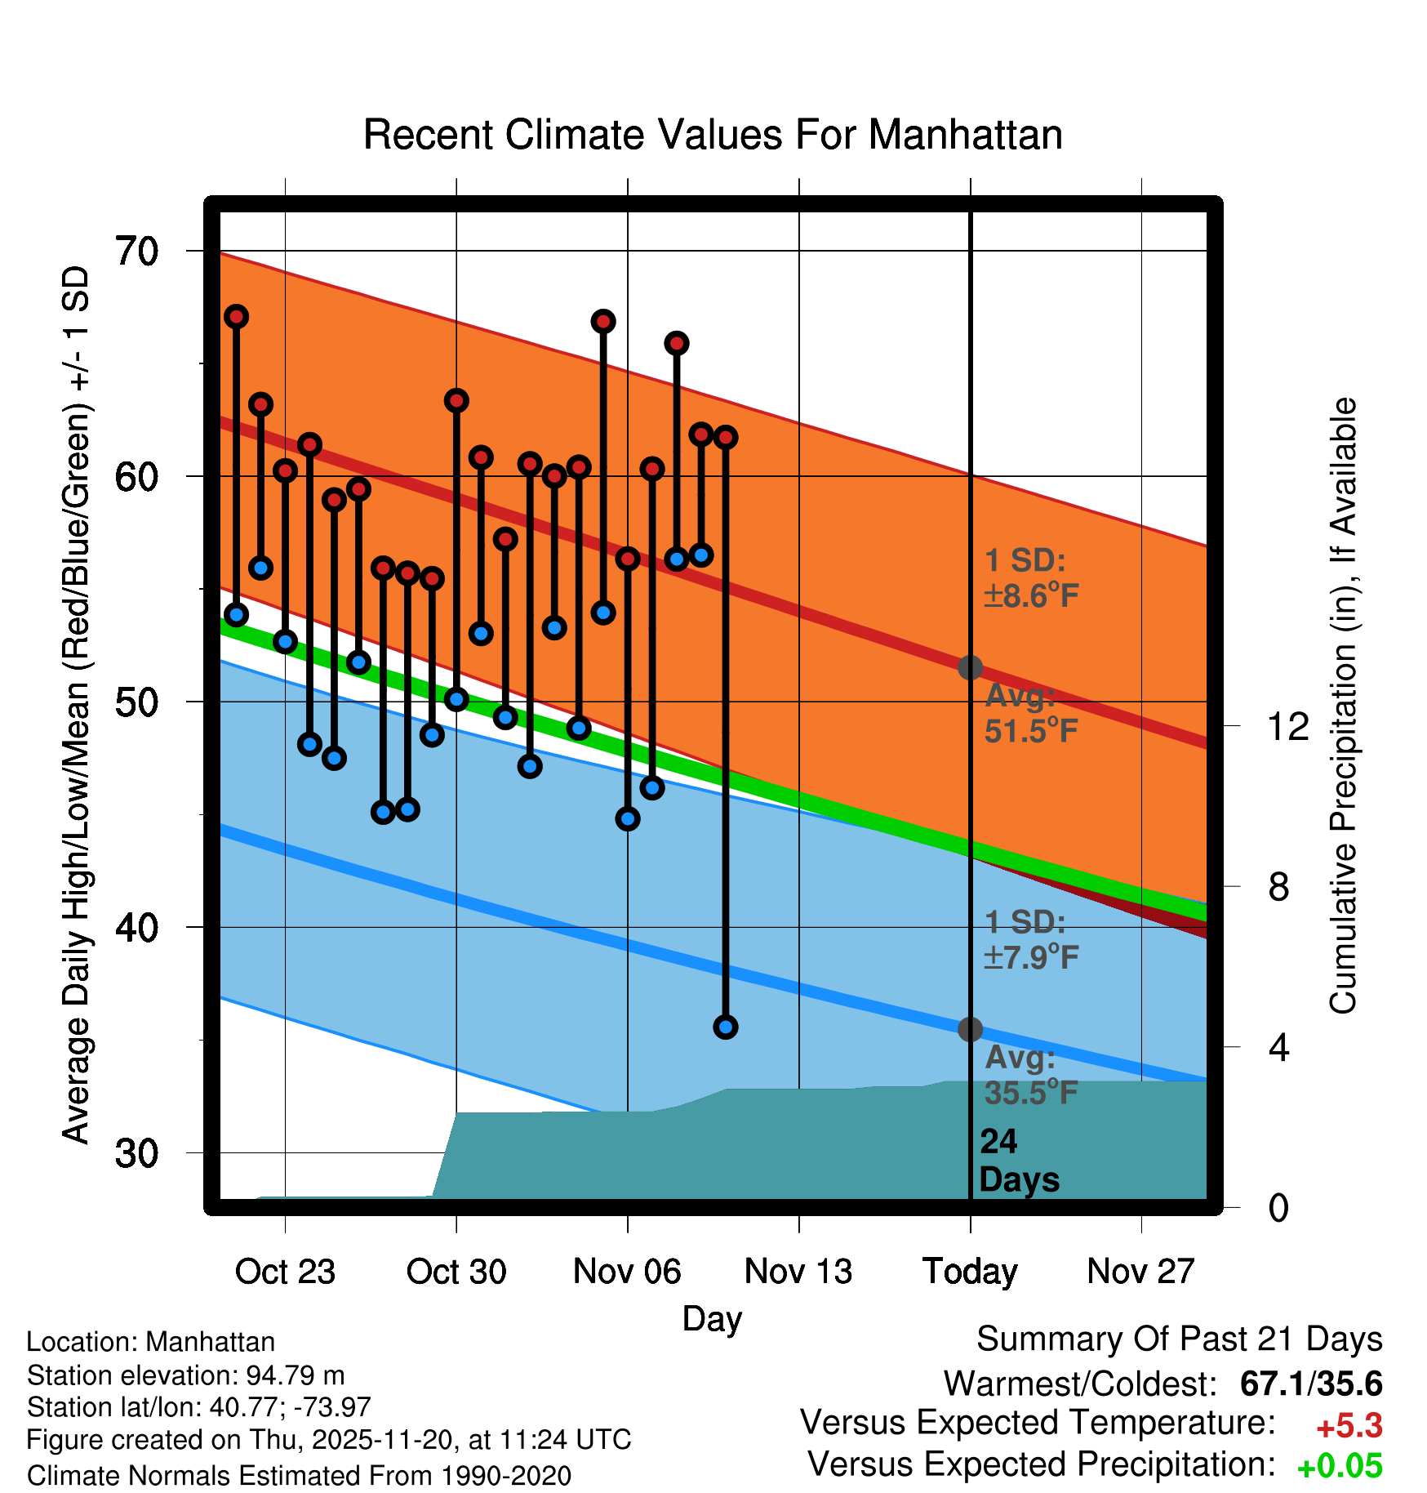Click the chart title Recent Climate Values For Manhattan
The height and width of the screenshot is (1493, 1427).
click(x=713, y=135)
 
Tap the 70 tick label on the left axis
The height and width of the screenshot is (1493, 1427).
click(x=137, y=252)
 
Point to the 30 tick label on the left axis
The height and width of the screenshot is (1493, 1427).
click(x=137, y=1153)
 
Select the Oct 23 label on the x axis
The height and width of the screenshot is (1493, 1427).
click(x=285, y=1272)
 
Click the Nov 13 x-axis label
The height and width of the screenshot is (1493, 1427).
click(x=798, y=1272)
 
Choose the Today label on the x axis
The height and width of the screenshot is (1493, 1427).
click(x=970, y=1272)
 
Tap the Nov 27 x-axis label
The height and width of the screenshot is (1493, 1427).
click(x=1141, y=1272)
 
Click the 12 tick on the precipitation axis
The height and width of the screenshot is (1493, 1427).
click(x=1288, y=726)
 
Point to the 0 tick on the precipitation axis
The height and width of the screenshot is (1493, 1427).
click(x=1278, y=1207)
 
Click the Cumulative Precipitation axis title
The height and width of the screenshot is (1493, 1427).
click(x=1343, y=706)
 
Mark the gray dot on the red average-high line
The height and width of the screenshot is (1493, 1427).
click(x=970, y=667)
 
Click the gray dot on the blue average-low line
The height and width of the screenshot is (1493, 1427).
click(x=970, y=1029)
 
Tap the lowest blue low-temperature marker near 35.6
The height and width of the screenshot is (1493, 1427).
click(x=726, y=1027)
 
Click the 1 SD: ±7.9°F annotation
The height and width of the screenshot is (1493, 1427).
click(x=1030, y=939)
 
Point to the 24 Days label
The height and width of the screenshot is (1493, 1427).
click(x=1018, y=1161)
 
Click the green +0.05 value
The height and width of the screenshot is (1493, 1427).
click(x=1340, y=1466)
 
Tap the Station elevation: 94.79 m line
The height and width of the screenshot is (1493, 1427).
click(x=186, y=1375)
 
